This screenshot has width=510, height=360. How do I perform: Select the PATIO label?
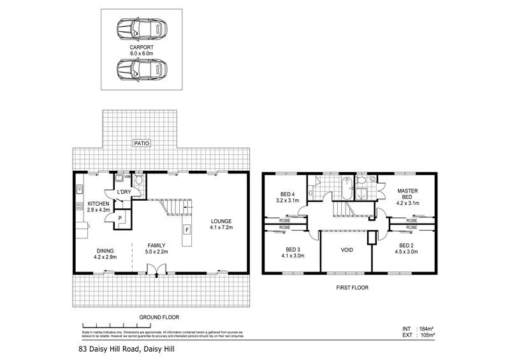[141, 144]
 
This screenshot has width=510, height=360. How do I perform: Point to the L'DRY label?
[124, 192]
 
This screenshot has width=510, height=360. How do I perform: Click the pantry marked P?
[120, 218]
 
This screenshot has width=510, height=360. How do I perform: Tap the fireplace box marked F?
[187, 229]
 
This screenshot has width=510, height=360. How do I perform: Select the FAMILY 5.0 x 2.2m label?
[157, 248]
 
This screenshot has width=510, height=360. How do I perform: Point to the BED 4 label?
[288, 198]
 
